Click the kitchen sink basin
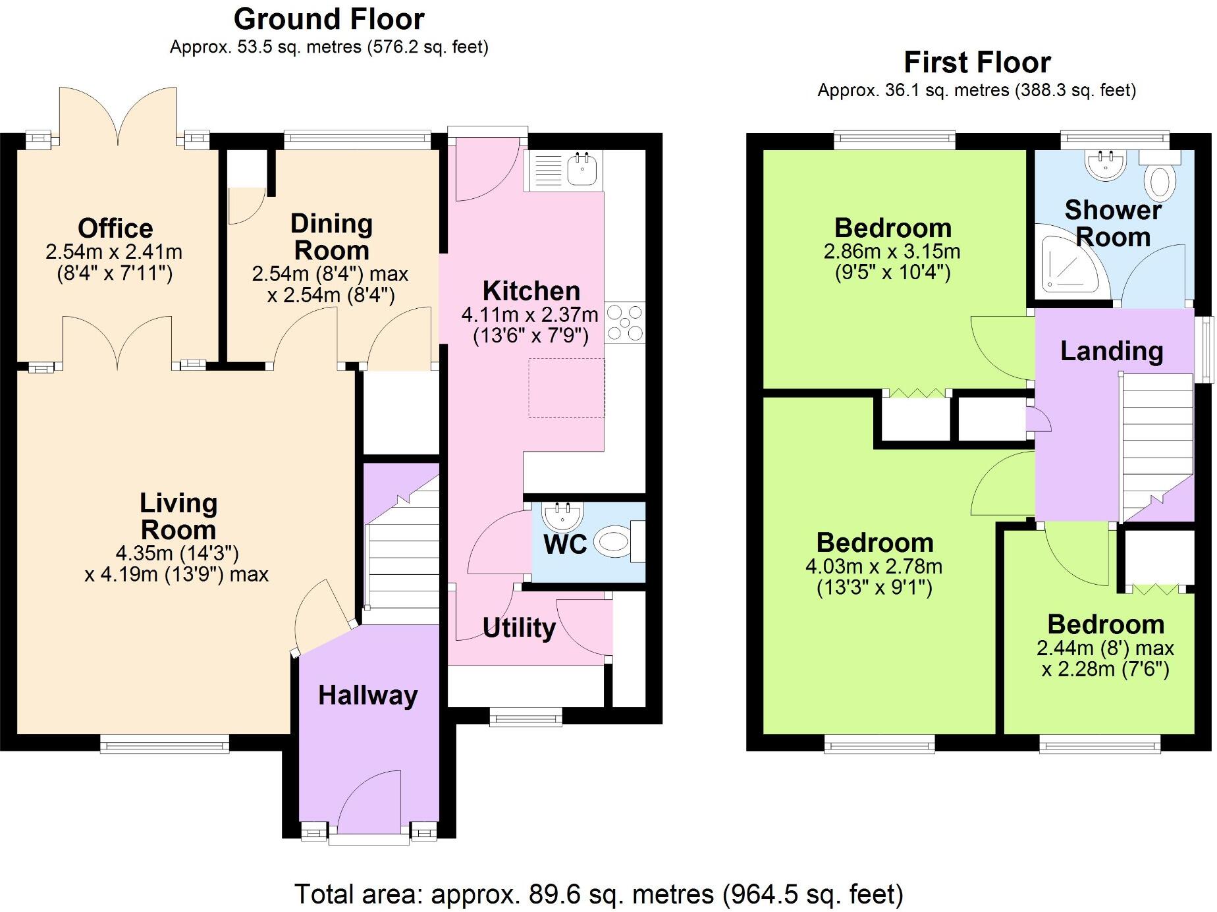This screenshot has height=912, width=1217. pos(582,169)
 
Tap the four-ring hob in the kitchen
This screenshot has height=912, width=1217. pos(624,323)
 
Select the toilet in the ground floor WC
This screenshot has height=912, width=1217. pos(613,542)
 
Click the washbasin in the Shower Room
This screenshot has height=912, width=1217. pos(1106,165)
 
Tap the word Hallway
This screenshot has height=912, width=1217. pos(367,695)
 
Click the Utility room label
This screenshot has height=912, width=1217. pos(518,628)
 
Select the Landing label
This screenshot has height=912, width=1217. pos(1111,351)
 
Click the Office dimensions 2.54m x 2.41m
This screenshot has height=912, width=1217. pos(114,252)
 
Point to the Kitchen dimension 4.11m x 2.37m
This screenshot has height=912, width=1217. pos(530,315)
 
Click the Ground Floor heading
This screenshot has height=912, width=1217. pos(329,19)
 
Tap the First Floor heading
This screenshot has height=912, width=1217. pos(977,63)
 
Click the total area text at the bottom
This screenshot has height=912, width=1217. pos(598,894)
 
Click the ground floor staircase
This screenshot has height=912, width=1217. pos(402,560)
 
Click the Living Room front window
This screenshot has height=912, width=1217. pos(165,744)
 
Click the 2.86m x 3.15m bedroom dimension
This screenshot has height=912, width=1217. pos(892,252)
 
